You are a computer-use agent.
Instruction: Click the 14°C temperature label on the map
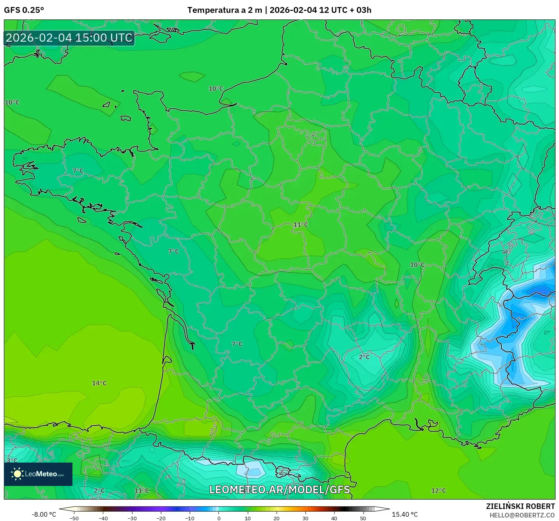(x=99, y=383)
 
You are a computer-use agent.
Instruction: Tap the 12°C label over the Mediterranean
(x=439, y=491)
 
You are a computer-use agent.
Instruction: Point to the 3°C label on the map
(x=12, y=461)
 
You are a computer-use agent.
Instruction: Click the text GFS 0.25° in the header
(x=24, y=10)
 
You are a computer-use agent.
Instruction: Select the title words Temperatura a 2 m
(x=225, y=10)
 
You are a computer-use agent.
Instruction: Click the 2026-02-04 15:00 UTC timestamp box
(x=69, y=38)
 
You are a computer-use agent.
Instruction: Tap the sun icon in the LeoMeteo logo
(x=17, y=474)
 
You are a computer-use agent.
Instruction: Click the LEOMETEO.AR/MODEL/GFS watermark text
(x=279, y=489)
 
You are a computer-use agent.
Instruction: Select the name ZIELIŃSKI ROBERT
(x=520, y=506)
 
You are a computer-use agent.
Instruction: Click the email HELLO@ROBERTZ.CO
(x=522, y=515)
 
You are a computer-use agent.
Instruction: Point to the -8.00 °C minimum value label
(x=44, y=514)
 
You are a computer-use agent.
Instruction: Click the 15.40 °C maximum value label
(x=405, y=514)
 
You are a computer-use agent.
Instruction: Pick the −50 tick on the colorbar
(x=74, y=518)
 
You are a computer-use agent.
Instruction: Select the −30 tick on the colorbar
(x=132, y=518)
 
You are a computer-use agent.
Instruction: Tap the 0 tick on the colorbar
(x=219, y=518)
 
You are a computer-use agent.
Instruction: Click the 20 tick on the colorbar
(x=277, y=518)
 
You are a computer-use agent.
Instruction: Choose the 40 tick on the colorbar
(x=334, y=518)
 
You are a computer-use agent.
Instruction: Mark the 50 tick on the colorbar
(x=363, y=518)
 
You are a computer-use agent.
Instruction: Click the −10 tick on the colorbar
(x=190, y=518)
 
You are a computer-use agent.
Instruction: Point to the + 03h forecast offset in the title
(x=361, y=10)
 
